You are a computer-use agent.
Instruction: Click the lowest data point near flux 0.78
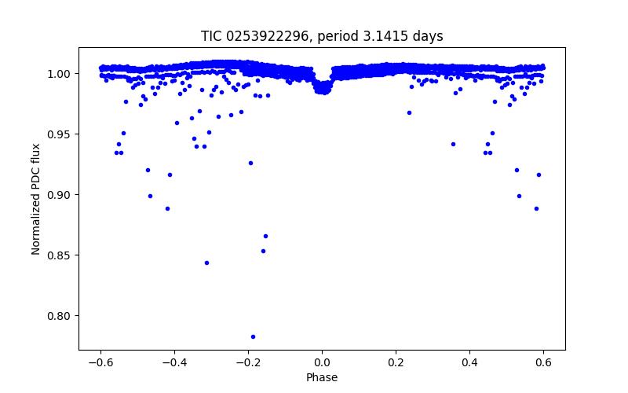point(253,336)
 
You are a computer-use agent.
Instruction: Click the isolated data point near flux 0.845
point(206,263)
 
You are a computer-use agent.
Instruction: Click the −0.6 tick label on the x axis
point(100,363)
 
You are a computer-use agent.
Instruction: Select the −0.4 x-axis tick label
point(174,363)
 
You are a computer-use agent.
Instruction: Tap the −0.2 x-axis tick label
point(248,363)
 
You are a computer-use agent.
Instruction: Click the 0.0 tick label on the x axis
point(322,363)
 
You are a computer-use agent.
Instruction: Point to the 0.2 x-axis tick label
point(396,363)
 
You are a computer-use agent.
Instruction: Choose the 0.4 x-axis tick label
point(469,363)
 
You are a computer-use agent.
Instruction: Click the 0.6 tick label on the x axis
point(543,363)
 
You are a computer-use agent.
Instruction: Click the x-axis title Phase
point(322,378)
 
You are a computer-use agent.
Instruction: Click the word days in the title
point(429,36)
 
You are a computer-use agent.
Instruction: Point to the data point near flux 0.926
point(250,163)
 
